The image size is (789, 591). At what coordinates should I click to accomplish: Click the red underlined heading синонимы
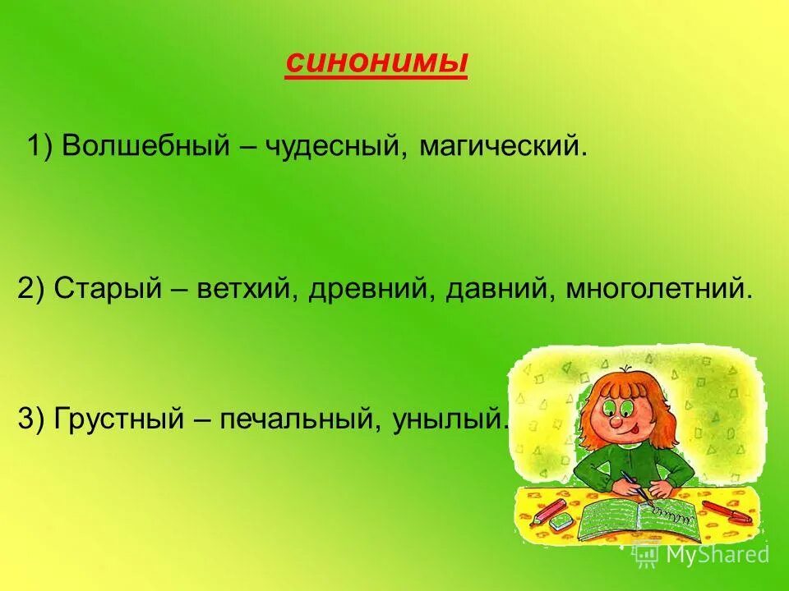[376, 63]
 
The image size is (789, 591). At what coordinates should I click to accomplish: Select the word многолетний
[657, 291]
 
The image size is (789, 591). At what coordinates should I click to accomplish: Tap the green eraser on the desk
[562, 522]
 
